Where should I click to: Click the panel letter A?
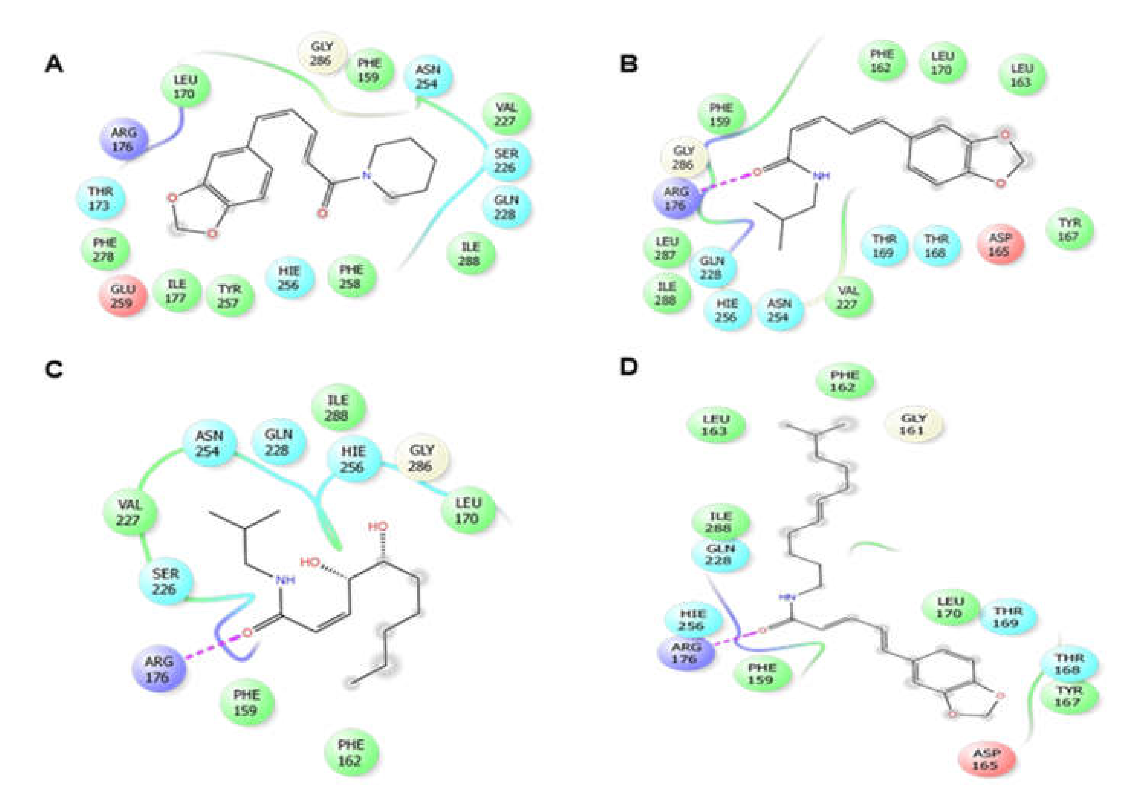[x=54, y=64]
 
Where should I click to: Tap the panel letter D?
[x=629, y=367]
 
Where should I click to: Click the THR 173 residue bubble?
[x=100, y=198]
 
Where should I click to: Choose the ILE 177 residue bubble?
[x=177, y=291]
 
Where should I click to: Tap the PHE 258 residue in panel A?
[x=351, y=277]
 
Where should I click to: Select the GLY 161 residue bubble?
[x=913, y=424]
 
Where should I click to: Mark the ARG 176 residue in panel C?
[x=158, y=669]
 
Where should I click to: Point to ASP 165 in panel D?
[x=987, y=759]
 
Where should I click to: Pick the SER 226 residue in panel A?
[x=506, y=161]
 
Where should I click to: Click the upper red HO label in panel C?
[x=378, y=527]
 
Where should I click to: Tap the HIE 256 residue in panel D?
[x=693, y=620]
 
